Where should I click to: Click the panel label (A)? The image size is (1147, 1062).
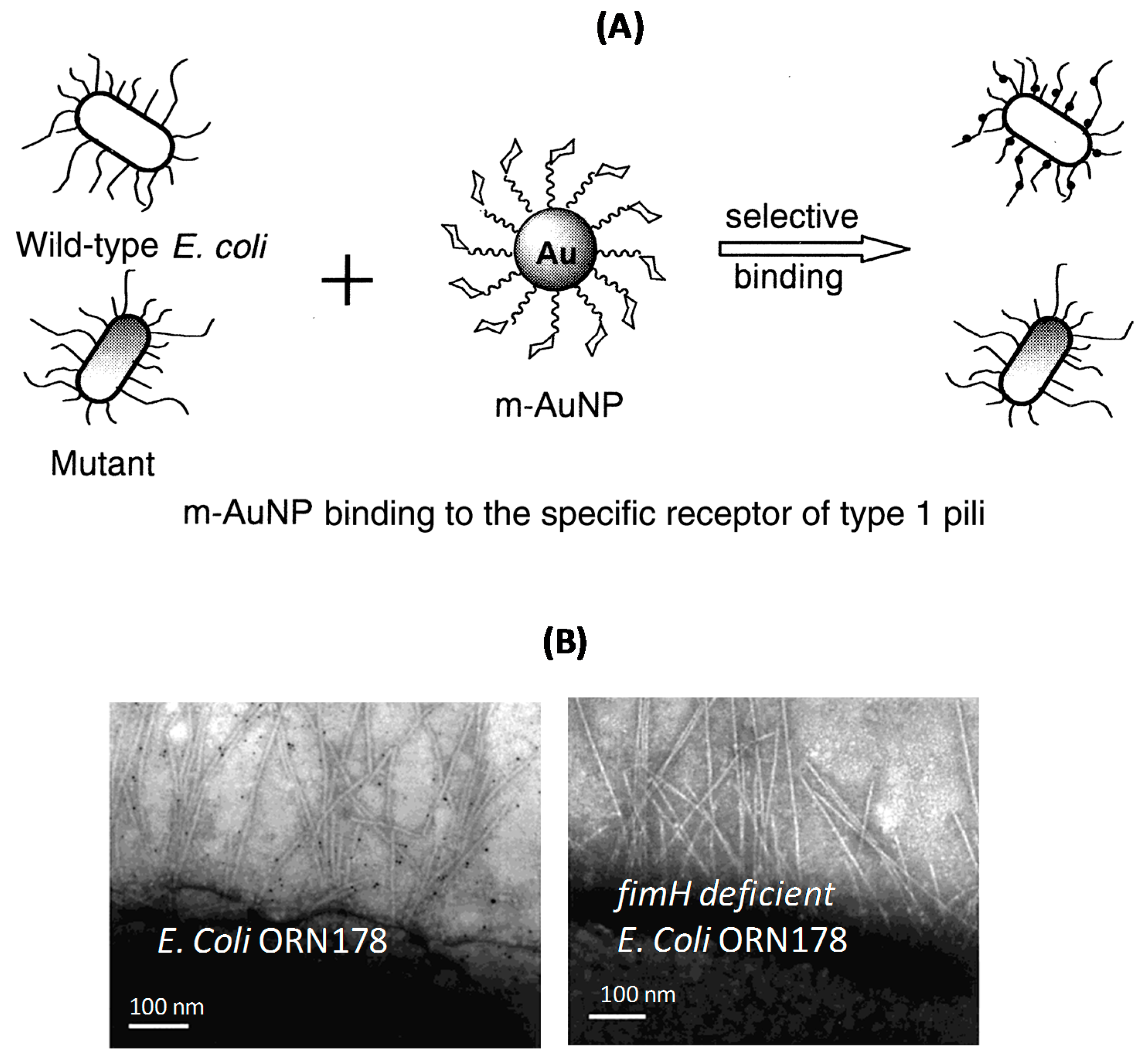tap(620, 27)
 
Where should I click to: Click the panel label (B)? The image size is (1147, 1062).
tap(565, 641)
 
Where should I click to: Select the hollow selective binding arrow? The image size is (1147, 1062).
tap(813, 249)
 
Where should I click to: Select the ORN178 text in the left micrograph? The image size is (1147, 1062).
tap(323, 941)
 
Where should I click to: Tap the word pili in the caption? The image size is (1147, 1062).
tap(963, 513)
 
